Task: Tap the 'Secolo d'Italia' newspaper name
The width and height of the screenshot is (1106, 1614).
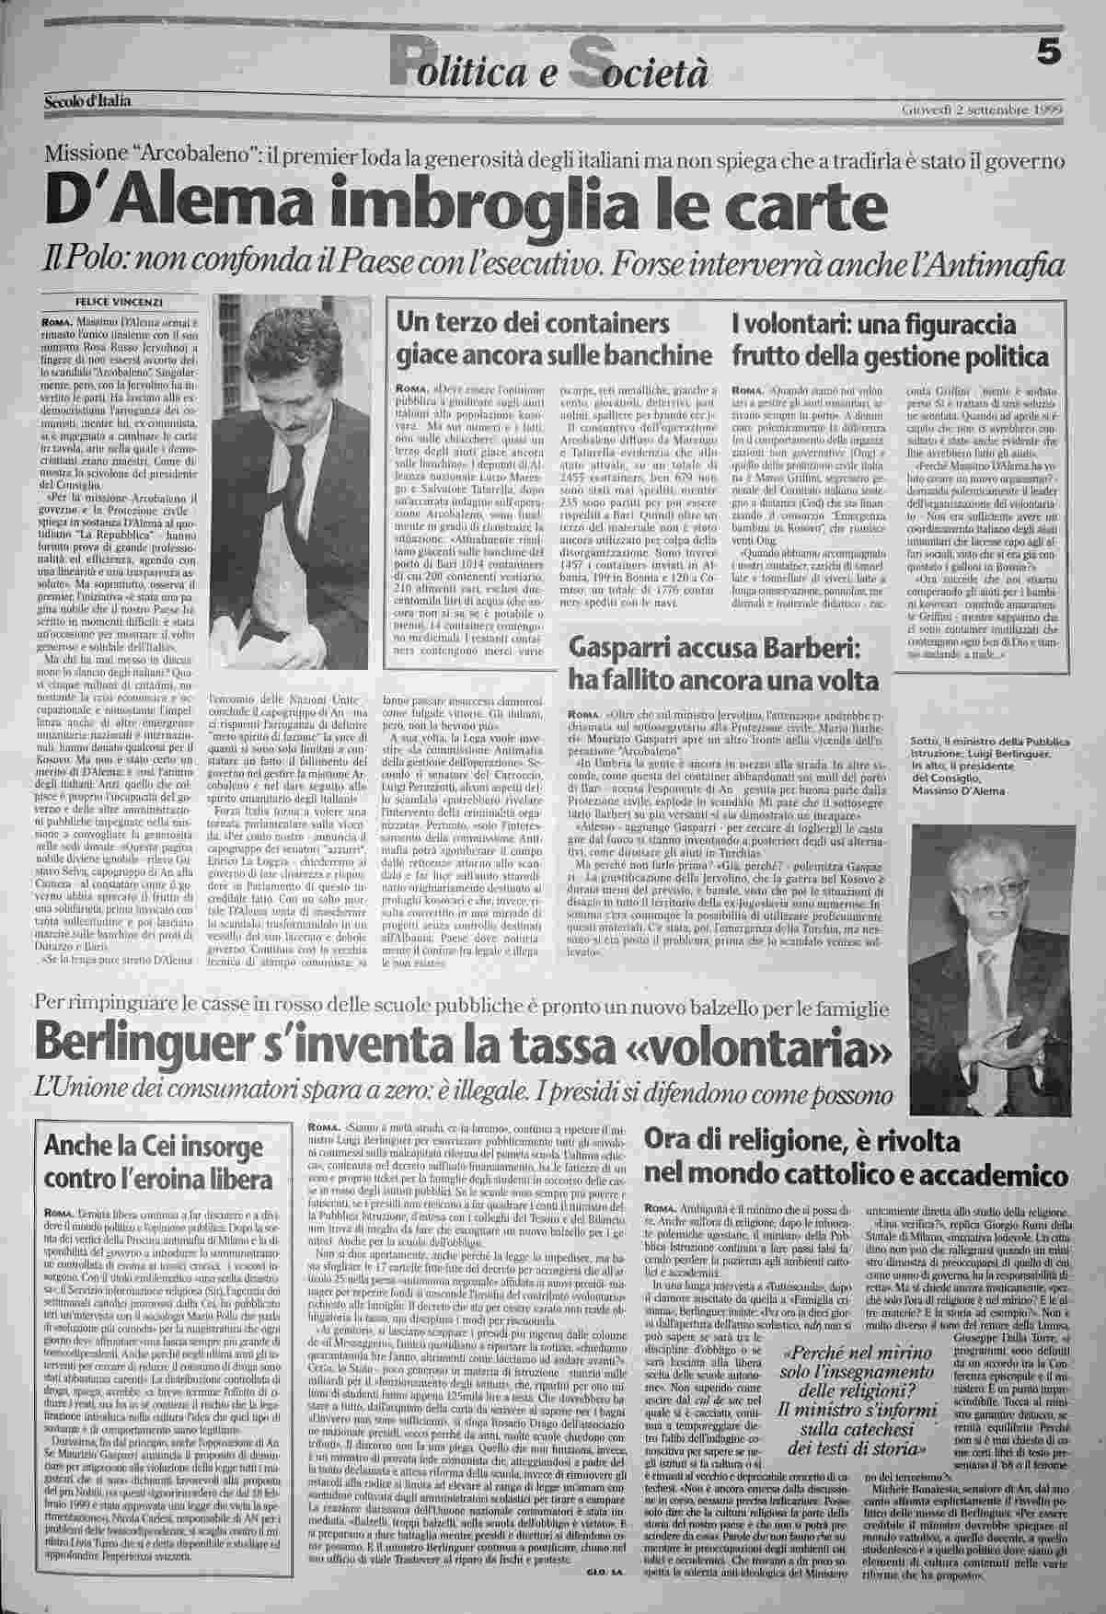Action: (x=87, y=99)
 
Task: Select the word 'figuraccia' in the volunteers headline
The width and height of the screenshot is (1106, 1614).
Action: (x=958, y=326)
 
